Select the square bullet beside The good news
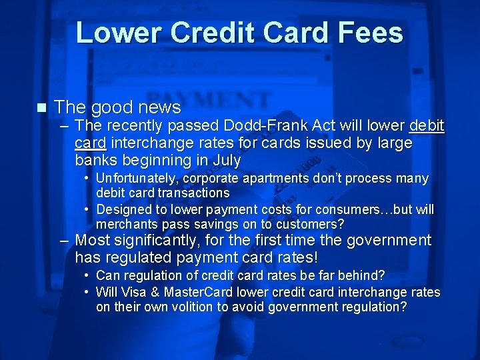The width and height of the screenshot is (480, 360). [x=41, y=107]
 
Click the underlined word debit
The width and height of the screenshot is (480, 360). [x=427, y=126]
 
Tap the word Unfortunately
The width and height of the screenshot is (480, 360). [x=137, y=179]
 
